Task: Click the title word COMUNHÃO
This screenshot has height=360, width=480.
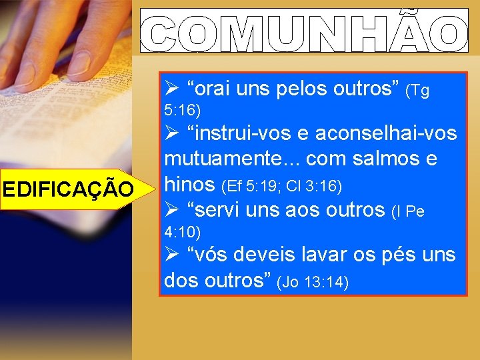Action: pos(304,31)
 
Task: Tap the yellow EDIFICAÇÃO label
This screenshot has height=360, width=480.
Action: pos(68,189)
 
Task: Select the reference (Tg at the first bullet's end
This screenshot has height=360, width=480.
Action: pos(417,91)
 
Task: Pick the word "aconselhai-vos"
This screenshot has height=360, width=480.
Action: pos(386,133)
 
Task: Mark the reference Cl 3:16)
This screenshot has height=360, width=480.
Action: pos(316,185)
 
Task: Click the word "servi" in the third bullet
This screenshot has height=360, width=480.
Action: pos(219,209)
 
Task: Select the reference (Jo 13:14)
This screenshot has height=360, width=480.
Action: pos(312,282)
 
